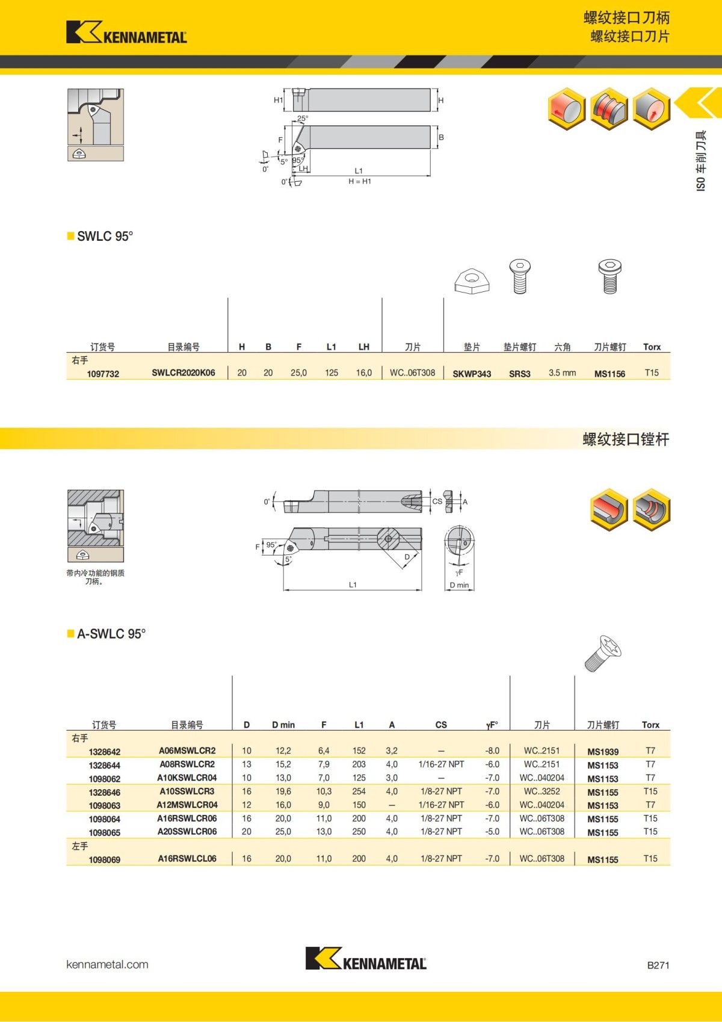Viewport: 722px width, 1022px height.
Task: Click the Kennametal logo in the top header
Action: pos(126,33)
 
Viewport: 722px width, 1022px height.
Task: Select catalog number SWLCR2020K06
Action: pos(183,373)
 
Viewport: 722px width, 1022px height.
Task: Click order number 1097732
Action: pos(103,374)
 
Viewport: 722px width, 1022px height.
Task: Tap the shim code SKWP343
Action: pos(472,374)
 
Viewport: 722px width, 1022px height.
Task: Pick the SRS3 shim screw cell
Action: pos(520,374)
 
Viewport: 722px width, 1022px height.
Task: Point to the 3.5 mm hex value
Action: pos(562,373)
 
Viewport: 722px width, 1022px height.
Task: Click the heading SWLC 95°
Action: pos(105,236)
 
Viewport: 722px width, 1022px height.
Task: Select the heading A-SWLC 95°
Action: pos(111,634)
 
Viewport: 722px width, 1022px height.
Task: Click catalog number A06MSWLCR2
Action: pos(187,751)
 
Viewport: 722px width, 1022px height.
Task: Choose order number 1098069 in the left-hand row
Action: pos(104,859)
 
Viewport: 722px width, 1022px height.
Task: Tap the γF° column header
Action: pos(492,725)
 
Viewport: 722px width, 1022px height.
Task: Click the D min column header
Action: pos(283,725)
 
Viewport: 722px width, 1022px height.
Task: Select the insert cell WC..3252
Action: pos(541,791)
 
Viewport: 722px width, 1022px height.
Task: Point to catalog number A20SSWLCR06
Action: pos(187,831)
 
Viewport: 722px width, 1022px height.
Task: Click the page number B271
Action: pos(658,965)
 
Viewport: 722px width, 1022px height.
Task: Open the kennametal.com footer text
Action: pos(107,964)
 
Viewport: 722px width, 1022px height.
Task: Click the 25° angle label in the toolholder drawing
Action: pos(303,119)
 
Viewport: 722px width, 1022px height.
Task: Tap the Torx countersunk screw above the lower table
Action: pos(602,653)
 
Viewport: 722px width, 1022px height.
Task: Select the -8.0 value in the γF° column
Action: pos(492,751)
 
